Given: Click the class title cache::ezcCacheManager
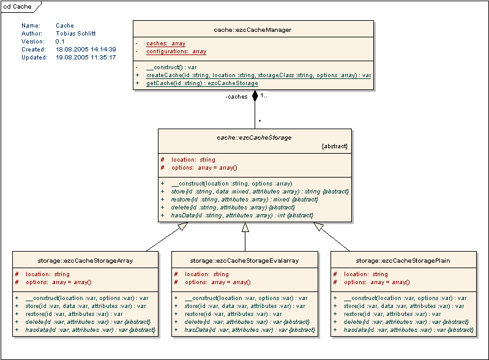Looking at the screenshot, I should [253, 29].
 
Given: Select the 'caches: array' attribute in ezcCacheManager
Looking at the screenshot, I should [166, 44].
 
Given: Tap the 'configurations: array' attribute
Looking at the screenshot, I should [176, 52].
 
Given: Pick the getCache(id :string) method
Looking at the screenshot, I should [202, 83].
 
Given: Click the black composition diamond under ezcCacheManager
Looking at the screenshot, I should [255, 96].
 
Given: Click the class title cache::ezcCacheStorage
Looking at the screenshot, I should [254, 138].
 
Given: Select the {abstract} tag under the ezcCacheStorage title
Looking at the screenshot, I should [334, 147].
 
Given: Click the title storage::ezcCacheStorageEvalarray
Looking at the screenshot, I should [244, 261].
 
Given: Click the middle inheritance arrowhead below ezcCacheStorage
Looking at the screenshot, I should [245, 228].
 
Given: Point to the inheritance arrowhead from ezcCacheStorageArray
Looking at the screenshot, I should [182, 228].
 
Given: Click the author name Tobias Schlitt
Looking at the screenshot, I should [76, 34].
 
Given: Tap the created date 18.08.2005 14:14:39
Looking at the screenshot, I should [77, 50].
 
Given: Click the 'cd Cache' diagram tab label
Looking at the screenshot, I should [18, 6].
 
